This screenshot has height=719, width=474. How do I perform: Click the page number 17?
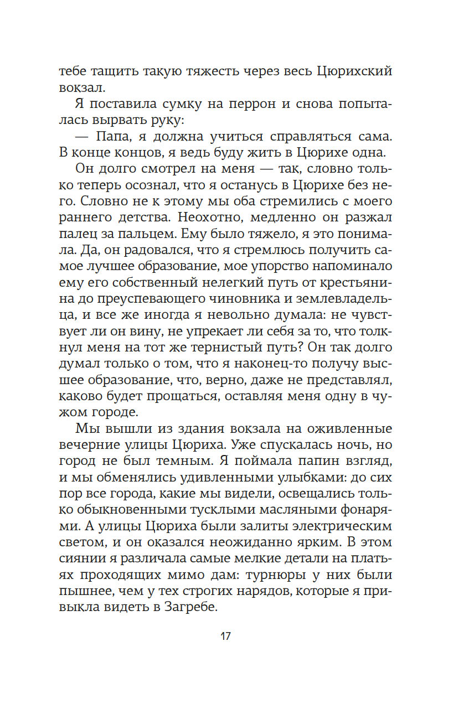point(225,635)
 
